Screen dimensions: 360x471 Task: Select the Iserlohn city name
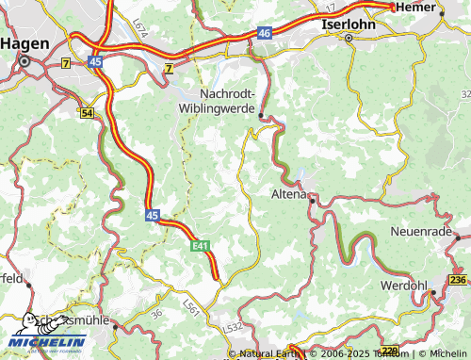(349, 24)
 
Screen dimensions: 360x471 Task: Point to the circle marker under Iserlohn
(348, 39)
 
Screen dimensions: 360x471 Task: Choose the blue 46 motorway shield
(263, 33)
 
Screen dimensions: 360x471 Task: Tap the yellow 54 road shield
(88, 113)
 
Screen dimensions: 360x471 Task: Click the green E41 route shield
(198, 246)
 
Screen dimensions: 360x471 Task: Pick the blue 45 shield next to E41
(153, 216)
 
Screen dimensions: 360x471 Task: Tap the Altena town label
(287, 195)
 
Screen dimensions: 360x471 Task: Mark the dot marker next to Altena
(311, 199)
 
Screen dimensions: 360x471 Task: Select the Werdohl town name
(406, 284)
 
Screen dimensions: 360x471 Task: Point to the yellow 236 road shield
(459, 280)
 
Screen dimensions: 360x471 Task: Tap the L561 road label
(191, 306)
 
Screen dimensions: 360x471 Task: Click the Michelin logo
(47, 341)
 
